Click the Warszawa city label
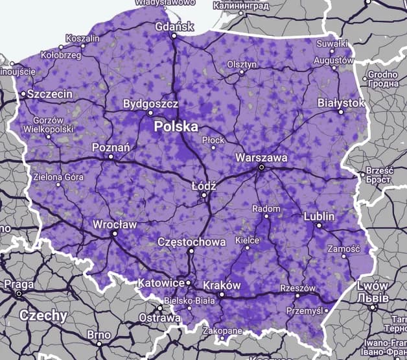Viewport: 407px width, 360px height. pos(261,157)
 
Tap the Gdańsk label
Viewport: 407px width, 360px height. pos(175,27)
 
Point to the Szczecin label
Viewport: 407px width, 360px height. pos(49,94)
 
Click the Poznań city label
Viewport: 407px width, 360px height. pos(111,147)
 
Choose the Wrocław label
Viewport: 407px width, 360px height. pos(115,224)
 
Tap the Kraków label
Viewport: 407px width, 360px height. pos(222,285)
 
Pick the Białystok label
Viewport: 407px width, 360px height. pos(342,103)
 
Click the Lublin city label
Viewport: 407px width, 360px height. pos(319,216)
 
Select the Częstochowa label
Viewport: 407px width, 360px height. pos(192,242)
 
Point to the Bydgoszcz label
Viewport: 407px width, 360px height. pos(150,104)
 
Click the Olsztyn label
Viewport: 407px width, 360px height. pos(242,64)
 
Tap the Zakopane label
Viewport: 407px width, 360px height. pos(220,330)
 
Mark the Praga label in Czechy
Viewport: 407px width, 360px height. pos(19,284)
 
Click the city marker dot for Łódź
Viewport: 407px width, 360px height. pos(203,194)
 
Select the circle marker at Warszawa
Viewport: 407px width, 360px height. pos(261,167)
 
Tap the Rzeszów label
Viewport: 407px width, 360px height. pos(297,288)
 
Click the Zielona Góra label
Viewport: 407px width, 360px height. pos(59,176)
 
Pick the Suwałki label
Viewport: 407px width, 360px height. pos(332,43)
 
